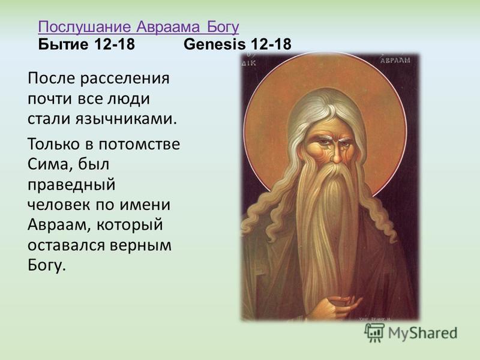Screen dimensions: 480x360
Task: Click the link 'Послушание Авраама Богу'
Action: click(x=139, y=27)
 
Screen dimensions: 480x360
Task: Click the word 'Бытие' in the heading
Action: click(x=63, y=44)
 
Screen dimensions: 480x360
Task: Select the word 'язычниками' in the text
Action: click(x=127, y=119)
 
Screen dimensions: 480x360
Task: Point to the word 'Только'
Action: click(x=53, y=144)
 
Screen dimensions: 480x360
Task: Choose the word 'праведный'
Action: click(x=71, y=185)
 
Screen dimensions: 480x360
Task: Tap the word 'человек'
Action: click(x=59, y=205)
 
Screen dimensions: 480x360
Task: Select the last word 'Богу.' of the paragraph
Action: click(x=47, y=265)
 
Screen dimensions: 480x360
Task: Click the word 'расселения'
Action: click(x=125, y=79)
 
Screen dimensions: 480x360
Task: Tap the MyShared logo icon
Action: click(x=374, y=332)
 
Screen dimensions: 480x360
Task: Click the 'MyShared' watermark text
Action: click(x=423, y=333)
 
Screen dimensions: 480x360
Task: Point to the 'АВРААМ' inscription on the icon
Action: click(x=395, y=60)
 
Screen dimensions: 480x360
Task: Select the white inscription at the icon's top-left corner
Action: click(x=248, y=61)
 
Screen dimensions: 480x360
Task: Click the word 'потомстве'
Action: click(x=139, y=145)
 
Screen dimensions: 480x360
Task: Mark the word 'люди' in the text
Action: click(x=128, y=99)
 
